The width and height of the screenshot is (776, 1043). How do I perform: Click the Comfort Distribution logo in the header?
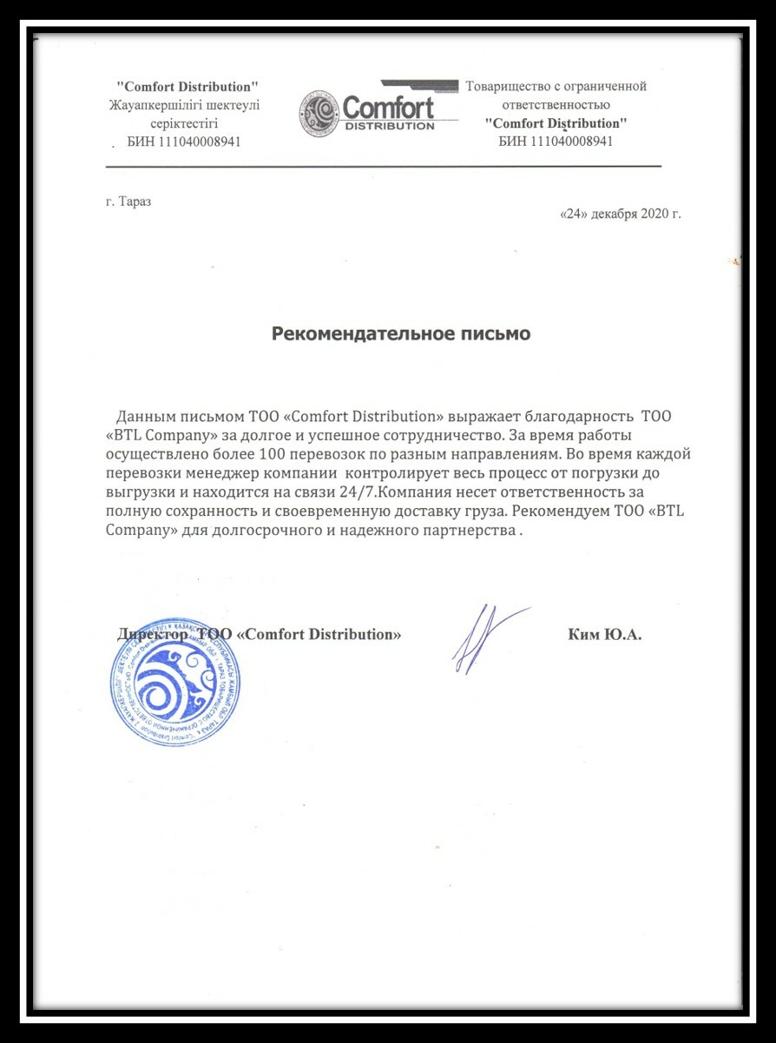coord(367,114)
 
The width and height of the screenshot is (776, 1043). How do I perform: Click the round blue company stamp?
coord(174,683)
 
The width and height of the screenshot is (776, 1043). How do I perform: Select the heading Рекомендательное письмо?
coord(401,333)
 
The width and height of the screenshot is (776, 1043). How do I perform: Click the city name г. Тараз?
coord(128,201)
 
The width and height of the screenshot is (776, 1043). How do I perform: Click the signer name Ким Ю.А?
coord(604,635)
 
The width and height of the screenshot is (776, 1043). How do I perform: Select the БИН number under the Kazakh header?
coord(184,142)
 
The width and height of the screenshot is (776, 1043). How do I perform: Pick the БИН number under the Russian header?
coord(556,142)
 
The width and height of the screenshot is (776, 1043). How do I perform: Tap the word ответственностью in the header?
coord(556,104)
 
